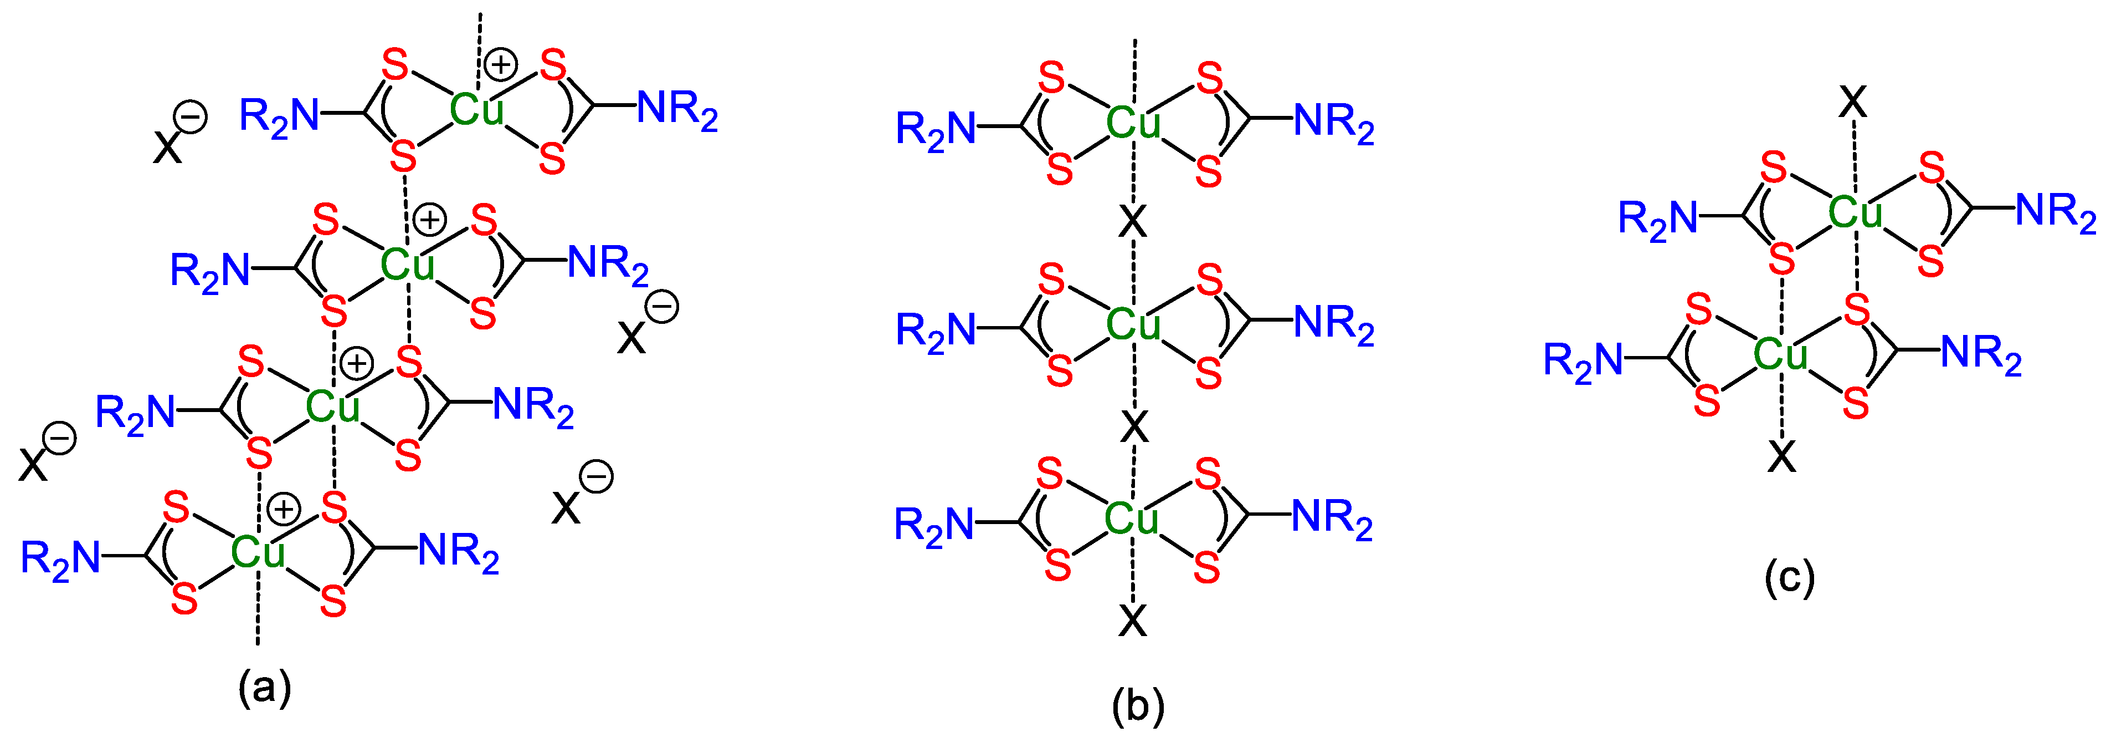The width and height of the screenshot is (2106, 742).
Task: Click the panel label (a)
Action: click(x=264, y=687)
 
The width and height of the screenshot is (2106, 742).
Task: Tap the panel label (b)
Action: click(x=1138, y=705)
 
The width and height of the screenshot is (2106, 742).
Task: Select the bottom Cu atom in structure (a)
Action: click(x=258, y=552)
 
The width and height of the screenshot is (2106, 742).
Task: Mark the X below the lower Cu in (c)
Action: click(x=1783, y=456)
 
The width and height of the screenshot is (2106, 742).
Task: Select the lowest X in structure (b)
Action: click(x=1132, y=622)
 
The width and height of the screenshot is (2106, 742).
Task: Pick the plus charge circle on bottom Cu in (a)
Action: click(x=284, y=509)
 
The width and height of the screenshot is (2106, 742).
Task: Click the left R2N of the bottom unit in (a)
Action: click(x=60, y=560)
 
